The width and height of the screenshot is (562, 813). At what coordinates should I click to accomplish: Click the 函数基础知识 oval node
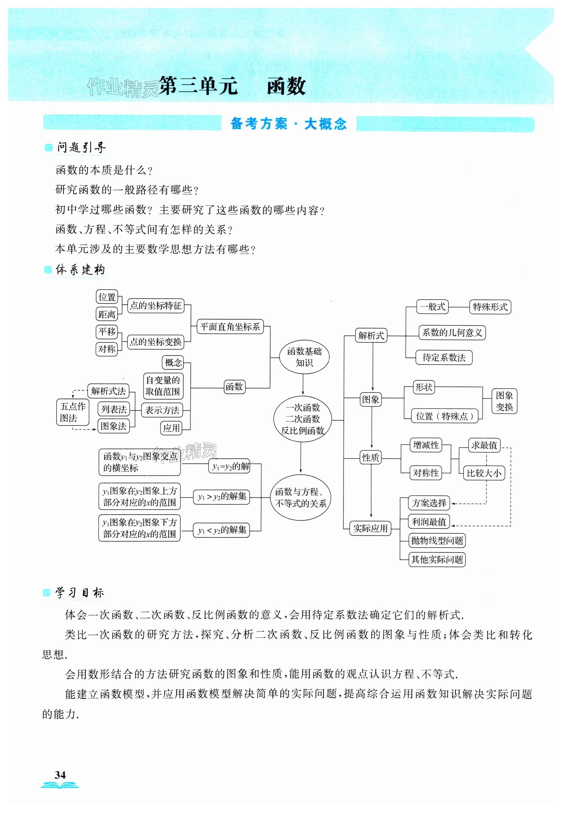(304, 357)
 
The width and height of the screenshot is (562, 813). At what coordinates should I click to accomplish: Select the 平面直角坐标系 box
(230, 327)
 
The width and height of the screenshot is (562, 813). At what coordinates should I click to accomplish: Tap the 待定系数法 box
(444, 357)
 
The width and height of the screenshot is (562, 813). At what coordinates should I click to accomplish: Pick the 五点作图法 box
(72, 412)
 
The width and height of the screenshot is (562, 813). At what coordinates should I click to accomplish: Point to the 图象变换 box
(504, 401)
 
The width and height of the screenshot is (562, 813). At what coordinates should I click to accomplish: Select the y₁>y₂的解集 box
(222, 497)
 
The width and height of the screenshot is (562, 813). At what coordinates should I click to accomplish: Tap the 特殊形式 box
(490, 307)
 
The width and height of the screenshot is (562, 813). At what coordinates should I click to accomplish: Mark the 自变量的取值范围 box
(163, 385)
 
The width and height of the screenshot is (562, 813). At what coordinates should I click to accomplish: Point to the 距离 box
(107, 314)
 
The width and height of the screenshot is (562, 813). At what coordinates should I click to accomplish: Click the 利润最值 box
(429, 522)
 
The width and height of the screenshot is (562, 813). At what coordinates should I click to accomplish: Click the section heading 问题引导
(81, 148)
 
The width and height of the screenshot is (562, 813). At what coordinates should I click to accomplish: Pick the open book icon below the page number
(59, 785)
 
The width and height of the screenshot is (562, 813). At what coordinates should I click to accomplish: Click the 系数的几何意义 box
(452, 332)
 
